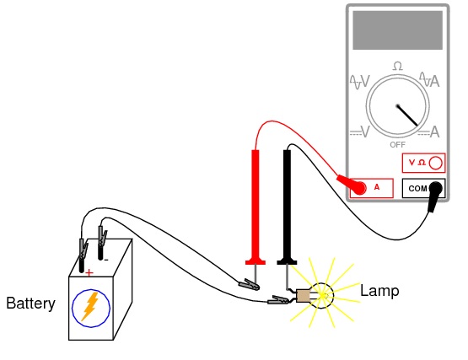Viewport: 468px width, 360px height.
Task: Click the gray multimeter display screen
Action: pyautogui.click(x=397, y=30)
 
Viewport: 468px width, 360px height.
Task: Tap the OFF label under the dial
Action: pyautogui.click(x=397, y=145)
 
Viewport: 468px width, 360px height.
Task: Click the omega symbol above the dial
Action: pyautogui.click(x=397, y=66)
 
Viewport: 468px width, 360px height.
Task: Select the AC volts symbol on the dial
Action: pyautogui.click(x=360, y=82)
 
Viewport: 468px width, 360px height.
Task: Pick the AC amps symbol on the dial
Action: pyautogui.click(x=430, y=80)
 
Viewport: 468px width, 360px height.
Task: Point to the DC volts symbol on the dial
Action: pyautogui.click(x=360, y=132)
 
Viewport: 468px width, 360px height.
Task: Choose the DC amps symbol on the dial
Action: pyautogui.click(x=429, y=132)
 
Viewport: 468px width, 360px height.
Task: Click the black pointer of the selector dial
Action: pyautogui.click(x=407, y=116)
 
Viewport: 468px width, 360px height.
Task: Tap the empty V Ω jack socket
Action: pyautogui.click(x=435, y=164)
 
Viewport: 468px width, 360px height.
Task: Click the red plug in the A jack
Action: pyautogui.click(x=352, y=185)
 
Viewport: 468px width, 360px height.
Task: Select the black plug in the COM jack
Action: pyautogui.click(x=434, y=195)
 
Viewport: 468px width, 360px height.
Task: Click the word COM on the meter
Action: pyautogui.click(x=418, y=189)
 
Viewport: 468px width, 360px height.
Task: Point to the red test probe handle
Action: pyautogui.click(x=256, y=207)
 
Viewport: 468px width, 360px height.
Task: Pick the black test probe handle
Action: pyautogui.click(x=288, y=207)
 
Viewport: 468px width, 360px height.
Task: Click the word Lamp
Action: pyautogui.click(x=379, y=291)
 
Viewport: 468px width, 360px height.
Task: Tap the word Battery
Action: pyautogui.click(x=30, y=304)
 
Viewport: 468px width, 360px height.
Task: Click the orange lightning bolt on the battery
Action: pyautogui.click(x=90, y=307)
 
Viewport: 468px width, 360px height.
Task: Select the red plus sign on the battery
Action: pyautogui.click(x=89, y=273)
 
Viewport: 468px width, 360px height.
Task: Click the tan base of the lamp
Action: pyautogui.click(x=303, y=296)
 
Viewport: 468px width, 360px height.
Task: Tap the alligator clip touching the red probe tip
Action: pyautogui.click(x=249, y=284)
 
